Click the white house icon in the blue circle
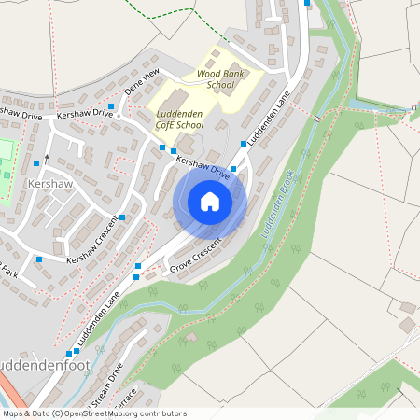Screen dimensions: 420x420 pos(210,201)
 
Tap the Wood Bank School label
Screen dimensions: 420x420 pos(215,78)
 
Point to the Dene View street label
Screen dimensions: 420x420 pos(143,82)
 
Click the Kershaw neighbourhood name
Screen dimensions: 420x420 pos(50,185)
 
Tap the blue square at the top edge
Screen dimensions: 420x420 pos(307,3)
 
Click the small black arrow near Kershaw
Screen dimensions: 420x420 pos(46,158)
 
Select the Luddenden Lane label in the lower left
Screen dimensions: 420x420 pos(100,315)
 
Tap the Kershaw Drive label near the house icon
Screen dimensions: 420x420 pos(203,165)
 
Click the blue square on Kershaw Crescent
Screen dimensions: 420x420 pos(122,217)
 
